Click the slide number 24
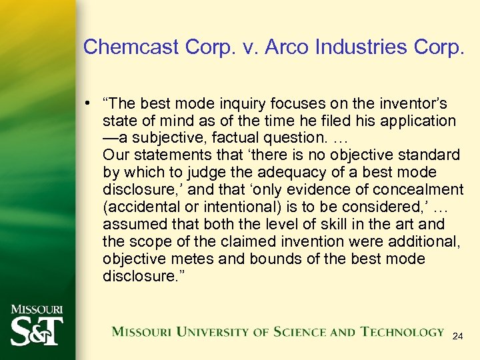[457, 337]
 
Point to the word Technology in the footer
[401, 332]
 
